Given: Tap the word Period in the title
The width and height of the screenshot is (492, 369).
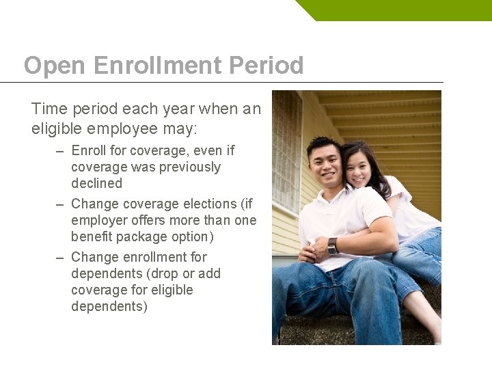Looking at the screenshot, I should (266, 66).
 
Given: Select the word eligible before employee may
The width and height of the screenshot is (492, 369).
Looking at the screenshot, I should (57, 128).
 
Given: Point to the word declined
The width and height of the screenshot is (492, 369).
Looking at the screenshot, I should (96, 183).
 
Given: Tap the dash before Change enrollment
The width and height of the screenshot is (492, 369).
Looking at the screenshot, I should (61, 258).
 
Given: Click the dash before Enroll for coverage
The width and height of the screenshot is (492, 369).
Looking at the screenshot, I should (61, 151).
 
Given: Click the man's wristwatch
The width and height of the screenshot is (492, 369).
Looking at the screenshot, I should (332, 246).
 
